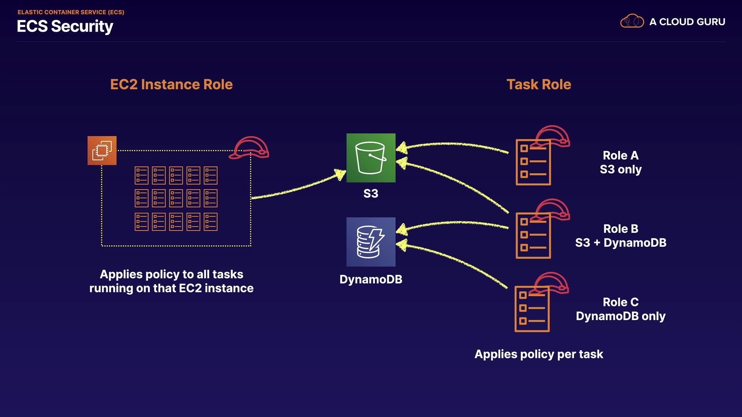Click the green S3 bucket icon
tap(371, 158)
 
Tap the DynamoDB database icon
tap(371, 242)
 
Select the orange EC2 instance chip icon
tap(102, 151)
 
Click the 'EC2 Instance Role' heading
tap(171, 85)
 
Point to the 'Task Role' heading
tap(539, 85)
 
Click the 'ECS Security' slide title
tap(65, 26)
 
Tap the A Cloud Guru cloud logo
tap(632, 21)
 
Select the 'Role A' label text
tap(621, 156)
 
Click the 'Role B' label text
tap(621, 229)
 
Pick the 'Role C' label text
tap(621, 302)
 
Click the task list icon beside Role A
tap(533, 162)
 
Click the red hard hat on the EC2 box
tap(250, 148)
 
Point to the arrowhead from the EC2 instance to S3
tap(340, 174)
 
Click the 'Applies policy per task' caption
tap(539, 354)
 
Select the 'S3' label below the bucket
tap(371, 193)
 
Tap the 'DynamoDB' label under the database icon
tap(371, 279)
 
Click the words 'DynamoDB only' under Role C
tap(621, 316)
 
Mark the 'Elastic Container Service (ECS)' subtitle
tap(71, 12)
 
